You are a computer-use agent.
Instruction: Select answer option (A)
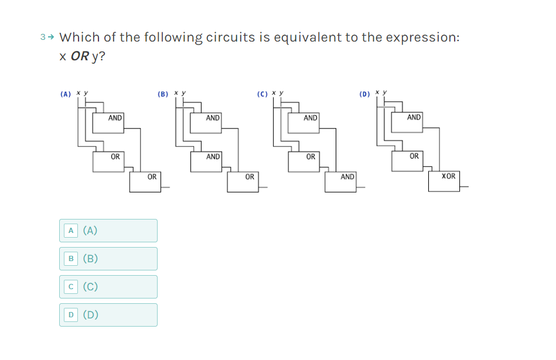(x=108, y=231)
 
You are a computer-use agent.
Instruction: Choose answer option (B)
(x=108, y=259)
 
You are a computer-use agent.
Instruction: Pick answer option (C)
(x=108, y=287)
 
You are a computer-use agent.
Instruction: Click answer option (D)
(x=108, y=315)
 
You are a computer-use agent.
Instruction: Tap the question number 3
(x=43, y=37)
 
